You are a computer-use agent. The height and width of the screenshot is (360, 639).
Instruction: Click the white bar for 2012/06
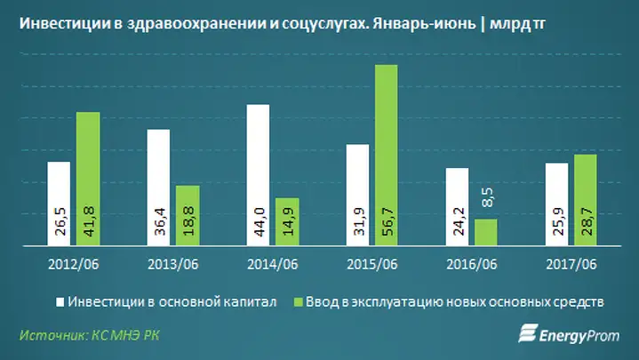tap(59, 204)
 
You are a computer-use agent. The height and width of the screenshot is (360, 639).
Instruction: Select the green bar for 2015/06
tap(387, 156)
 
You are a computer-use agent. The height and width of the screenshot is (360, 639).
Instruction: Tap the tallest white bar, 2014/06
tap(258, 175)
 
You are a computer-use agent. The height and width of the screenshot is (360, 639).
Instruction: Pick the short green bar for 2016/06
tap(486, 232)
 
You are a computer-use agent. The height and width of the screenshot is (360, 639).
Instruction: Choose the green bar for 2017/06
tap(586, 200)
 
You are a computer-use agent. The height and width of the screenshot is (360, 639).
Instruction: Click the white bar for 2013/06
tap(158, 188)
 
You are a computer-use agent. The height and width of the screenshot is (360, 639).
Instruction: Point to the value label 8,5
tap(487, 197)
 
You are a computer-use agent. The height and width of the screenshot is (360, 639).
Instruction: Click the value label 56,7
tap(387, 221)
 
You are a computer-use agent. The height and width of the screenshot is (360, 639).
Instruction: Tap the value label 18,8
tap(188, 221)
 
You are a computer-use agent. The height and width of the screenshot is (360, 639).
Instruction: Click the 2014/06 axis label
tap(273, 265)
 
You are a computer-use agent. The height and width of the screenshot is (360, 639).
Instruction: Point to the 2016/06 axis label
tap(472, 265)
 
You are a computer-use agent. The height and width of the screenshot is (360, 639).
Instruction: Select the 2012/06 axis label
tap(74, 265)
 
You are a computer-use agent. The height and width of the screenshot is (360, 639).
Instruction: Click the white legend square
tap(60, 302)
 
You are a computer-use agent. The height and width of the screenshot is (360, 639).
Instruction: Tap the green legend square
tap(299, 302)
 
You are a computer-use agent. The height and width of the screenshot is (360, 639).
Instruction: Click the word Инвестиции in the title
tap(65, 24)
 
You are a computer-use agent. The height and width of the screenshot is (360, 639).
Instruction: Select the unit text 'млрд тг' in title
tap(517, 25)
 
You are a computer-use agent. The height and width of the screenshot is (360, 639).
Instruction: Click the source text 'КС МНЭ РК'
tap(125, 335)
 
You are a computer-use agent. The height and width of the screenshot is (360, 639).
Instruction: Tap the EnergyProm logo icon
tap(528, 333)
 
